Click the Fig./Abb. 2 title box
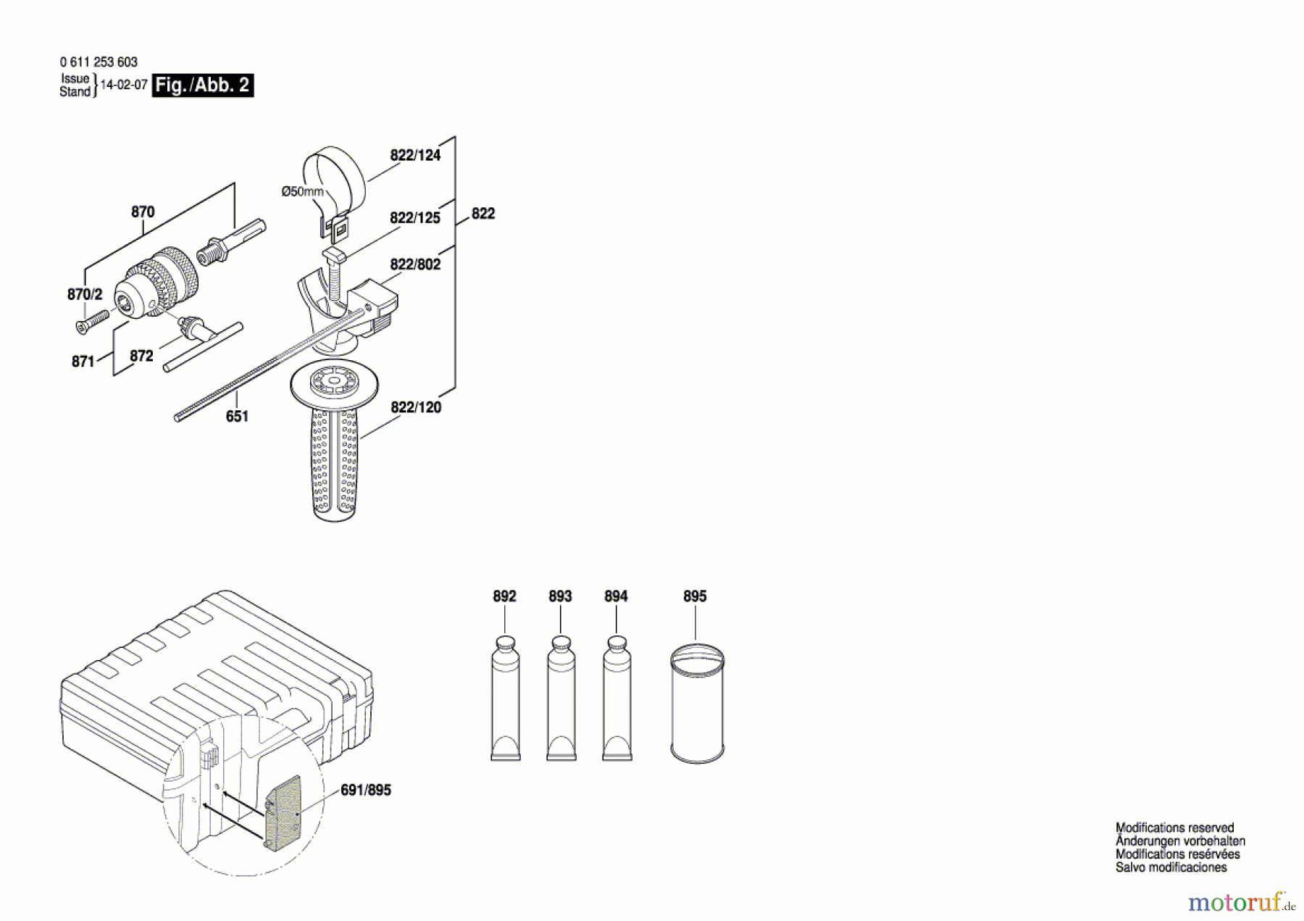(x=203, y=86)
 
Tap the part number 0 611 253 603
(x=99, y=62)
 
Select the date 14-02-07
(x=124, y=85)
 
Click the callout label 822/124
(x=415, y=155)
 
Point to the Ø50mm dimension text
(x=303, y=191)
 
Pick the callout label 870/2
(x=85, y=294)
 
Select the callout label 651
(x=237, y=416)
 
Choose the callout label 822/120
(x=416, y=407)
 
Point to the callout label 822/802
(x=415, y=264)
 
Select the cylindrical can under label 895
(x=697, y=703)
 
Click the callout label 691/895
(x=366, y=790)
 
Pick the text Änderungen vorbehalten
(x=1180, y=841)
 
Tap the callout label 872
(x=141, y=356)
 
